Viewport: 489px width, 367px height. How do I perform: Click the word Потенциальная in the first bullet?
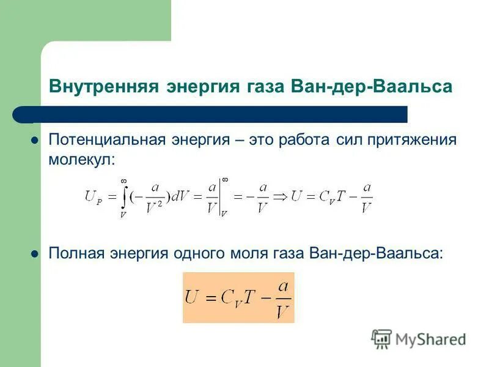(105, 139)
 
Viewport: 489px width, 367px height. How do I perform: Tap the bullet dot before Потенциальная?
(35, 140)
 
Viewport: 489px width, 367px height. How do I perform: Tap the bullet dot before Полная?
(35, 253)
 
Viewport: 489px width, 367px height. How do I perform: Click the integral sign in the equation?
(123, 196)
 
